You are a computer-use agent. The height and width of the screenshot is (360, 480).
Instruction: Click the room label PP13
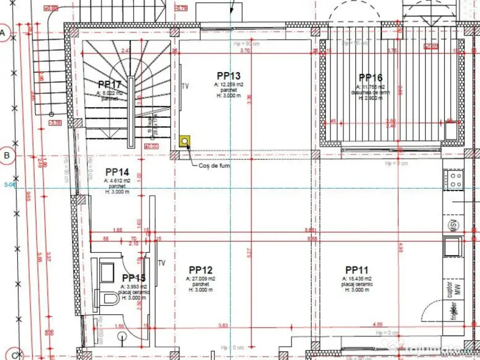coord(229,76)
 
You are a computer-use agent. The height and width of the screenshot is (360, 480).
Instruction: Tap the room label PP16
coord(370,78)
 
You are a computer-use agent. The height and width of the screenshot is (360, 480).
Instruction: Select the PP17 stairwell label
coord(110,84)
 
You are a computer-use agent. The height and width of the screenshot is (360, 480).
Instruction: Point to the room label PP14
coord(117,172)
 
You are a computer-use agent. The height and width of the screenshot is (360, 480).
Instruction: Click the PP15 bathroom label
coord(134,278)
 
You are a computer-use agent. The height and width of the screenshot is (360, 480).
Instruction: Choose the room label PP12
coord(201,270)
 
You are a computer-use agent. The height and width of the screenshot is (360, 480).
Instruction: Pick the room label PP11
coord(356,270)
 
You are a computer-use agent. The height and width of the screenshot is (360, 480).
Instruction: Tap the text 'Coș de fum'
coord(214,165)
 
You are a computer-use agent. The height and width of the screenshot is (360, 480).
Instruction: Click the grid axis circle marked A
coord(4,33)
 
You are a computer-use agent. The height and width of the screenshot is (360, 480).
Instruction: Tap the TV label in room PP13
coord(185,86)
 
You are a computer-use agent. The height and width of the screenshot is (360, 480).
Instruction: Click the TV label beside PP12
coord(162,263)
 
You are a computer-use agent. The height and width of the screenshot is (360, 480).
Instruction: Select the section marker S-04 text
coord(10,185)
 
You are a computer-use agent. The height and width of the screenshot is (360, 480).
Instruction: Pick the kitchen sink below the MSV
coord(453,247)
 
